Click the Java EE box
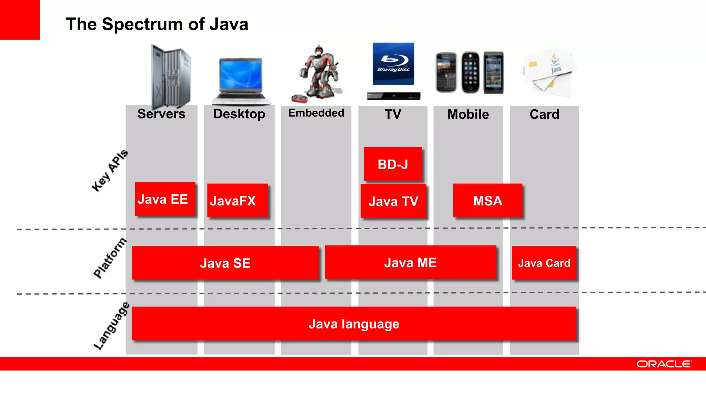(165, 199)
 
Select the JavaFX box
(237, 200)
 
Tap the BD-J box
(393, 164)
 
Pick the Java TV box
(393, 201)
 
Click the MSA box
(487, 200)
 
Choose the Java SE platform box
(225, 263)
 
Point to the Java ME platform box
(410, 262)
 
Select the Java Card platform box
(544, 263)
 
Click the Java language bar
(354, 324)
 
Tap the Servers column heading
(161, 114)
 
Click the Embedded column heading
(316, 113)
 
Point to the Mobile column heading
(468, 114)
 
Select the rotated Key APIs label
(110, 171)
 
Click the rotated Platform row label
(110, 258)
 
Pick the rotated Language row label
(111, 326)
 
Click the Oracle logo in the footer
(664, 364)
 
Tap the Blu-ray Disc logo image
(393, 64)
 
